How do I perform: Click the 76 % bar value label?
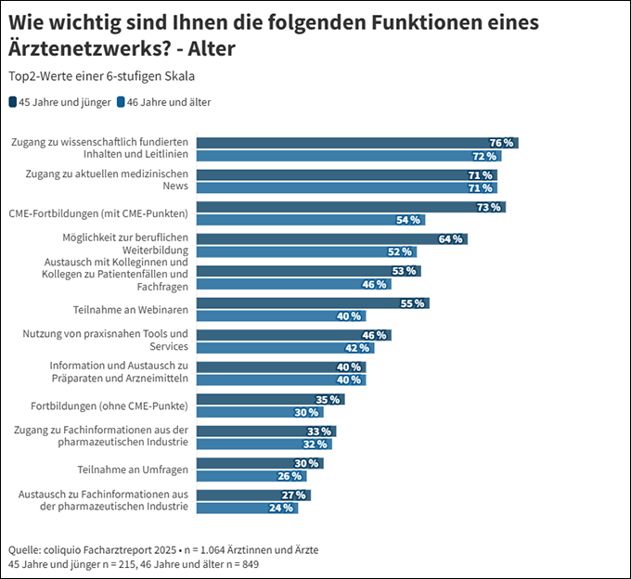pos(501,143)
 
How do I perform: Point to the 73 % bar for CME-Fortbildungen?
pos(352,207)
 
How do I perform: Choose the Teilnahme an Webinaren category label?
pos(130,309)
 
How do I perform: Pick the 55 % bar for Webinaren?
pos(314,303)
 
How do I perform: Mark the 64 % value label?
pos(450,238)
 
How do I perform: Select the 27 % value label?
pos(293,495)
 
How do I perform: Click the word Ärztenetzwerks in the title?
pos(92,48)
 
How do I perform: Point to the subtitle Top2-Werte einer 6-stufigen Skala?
pos(101,76)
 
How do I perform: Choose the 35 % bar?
pos(271,399)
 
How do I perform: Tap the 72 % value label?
pos(484,156)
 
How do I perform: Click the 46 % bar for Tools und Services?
pos(294,335)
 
